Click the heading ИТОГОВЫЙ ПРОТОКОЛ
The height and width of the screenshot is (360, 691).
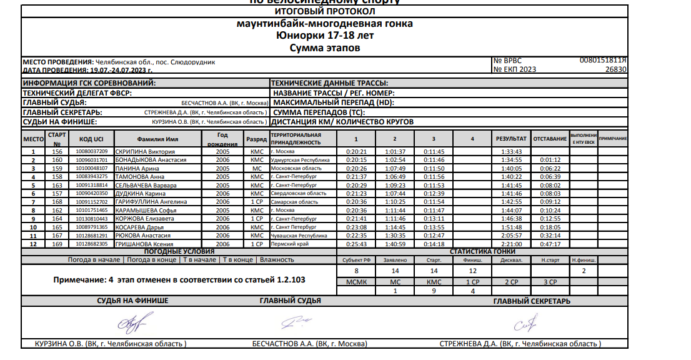[x=326, y=11]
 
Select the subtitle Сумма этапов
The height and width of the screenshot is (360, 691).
[x=326, y=47]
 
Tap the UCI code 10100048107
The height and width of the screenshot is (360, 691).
[x=92, y=169]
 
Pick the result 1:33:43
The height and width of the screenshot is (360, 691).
[x=511, y=152]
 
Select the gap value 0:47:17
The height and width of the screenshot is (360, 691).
[x=550, y=244]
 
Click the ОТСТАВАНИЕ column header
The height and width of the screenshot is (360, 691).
[x=550, y=138]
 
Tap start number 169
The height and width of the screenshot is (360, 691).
[x=57, y=244]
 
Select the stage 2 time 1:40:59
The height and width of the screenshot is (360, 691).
[x=394, y=244]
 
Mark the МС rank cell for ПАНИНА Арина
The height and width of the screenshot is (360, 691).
[x=257, y=169]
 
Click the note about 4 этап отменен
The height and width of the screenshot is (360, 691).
[x=180, y=280]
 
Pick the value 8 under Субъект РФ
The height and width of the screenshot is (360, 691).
[x=356, y=271]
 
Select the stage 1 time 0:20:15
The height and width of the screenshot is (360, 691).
[x=356, y=160]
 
